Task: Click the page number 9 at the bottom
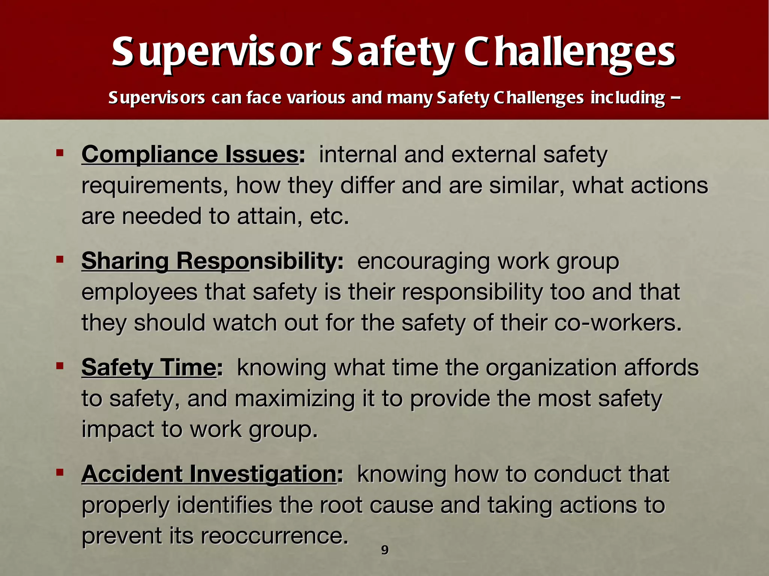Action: click(x=385, y=550)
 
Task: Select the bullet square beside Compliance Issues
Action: click(x=60, y=153)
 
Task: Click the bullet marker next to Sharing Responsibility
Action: click(x=60, y=259)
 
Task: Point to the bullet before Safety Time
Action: click(x=60, y=366)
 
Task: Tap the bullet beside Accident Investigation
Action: click(x=60, y=472)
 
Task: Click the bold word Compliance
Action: click(x=149, y=154)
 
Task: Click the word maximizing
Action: click(x=294, y=399)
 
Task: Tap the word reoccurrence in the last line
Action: click(x=272, y=536)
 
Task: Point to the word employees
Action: click(x=139, y=292)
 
